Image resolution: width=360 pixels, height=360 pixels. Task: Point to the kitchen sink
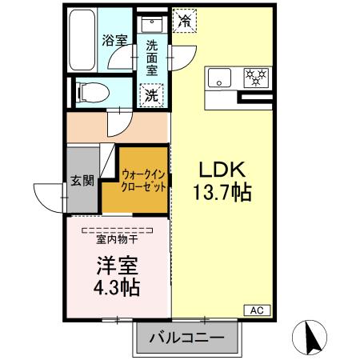point(218,77)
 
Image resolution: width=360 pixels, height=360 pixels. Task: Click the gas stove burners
point(256,77)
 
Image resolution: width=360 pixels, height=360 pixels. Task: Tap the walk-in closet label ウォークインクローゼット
point(145,180)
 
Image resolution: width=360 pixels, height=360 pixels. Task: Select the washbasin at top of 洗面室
point(152,25)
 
